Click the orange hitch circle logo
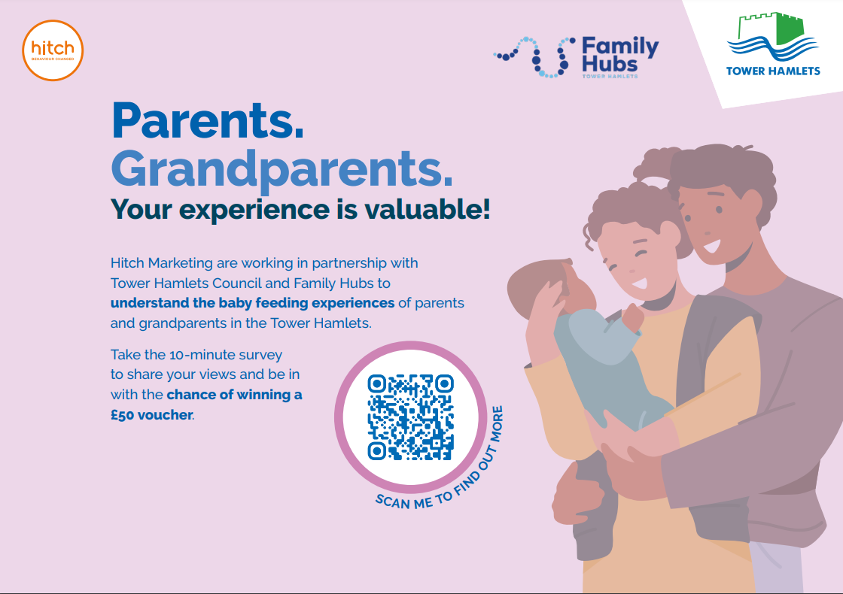pos(53,50)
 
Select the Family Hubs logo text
pos(620,55)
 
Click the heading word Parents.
pos(208,121)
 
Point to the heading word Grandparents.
pos(282,170)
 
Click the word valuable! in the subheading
pos(428,210)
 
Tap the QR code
pos(411,417)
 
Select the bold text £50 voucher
pos(151,415)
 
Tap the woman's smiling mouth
pos(639,283)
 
